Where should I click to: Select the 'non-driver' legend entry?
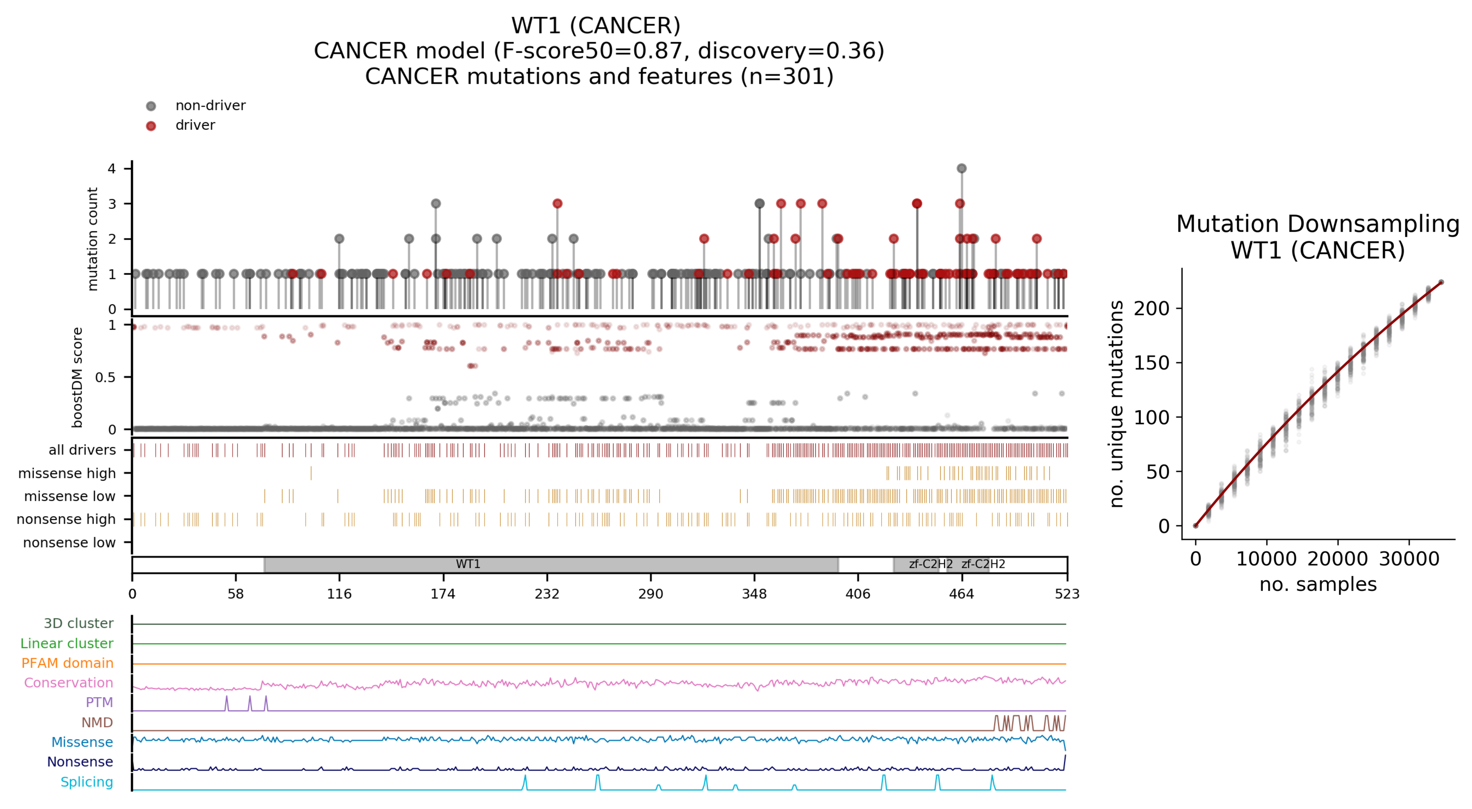point(210,106)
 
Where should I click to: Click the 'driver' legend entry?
point(195,125)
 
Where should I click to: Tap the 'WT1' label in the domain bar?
point(468,564)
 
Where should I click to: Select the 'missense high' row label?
point(67,473)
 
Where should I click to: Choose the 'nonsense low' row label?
point(69,542)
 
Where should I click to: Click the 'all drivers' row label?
point(82,450)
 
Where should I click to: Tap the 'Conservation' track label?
point(69,683)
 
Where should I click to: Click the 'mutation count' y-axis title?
point(92,239)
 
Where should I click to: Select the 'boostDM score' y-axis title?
point(77,377)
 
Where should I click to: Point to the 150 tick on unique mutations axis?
point(1152,363)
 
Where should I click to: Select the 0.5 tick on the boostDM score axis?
point(105,377)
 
